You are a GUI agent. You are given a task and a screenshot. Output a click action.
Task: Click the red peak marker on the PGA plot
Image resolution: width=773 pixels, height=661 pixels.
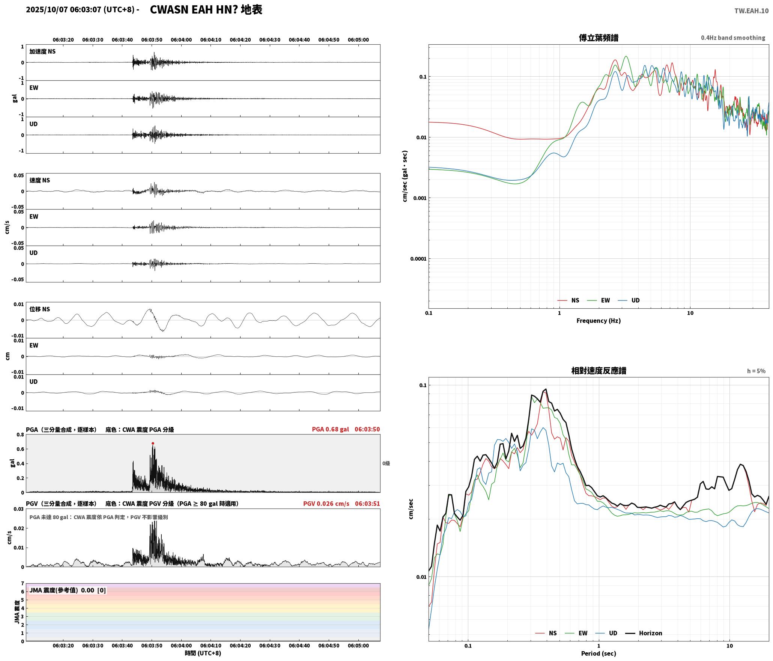(153, 444)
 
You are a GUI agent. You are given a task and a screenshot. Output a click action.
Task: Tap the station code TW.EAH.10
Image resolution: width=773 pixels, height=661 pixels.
(751, 11)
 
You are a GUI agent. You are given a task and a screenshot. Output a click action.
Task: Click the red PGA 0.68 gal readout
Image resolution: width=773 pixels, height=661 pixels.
(330, 429)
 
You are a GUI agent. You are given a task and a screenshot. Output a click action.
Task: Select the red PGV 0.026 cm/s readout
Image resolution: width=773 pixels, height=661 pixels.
(326, 504)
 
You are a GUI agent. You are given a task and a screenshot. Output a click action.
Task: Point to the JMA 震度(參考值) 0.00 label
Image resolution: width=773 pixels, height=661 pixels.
(62, 590)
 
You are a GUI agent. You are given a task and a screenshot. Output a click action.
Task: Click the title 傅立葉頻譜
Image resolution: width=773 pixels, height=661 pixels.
(599, 38)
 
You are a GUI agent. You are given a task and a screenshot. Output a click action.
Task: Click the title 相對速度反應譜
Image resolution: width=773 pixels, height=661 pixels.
(599, 371)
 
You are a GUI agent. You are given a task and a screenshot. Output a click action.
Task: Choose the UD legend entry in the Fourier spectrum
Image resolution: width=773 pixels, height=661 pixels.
(629, 300)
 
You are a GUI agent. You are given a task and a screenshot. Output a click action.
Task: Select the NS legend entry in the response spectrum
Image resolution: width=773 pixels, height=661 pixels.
(546, 633)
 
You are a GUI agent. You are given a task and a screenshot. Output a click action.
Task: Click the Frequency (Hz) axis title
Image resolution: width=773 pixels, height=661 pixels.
(599, 321)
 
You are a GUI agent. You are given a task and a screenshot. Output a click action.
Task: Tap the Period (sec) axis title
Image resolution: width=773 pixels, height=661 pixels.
(599, 653)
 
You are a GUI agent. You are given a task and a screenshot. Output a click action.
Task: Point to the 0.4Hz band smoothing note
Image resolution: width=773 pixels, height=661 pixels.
(733, 38)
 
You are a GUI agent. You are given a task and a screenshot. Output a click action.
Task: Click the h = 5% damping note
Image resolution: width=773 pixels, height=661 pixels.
(756, 371)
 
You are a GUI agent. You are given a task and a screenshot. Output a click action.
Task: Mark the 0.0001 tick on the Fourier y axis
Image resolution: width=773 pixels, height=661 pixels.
(418, 259)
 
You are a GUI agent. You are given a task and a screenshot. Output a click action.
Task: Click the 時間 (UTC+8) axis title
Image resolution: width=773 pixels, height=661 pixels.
(203, 653)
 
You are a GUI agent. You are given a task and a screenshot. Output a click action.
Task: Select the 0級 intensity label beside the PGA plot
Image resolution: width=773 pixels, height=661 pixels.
(386, 463)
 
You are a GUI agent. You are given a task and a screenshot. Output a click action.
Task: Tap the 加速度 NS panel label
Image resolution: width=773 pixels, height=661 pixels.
(42, 51)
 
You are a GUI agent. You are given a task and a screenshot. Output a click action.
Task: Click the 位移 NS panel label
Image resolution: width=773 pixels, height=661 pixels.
(40, 309)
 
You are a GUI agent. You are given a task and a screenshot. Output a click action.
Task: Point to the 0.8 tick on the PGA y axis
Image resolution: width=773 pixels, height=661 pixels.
(20, 435)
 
